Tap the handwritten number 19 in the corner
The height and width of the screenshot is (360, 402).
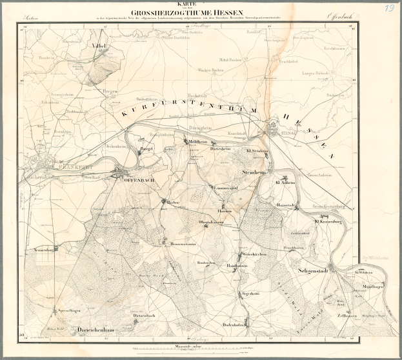[388, 8]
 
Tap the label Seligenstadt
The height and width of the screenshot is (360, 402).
[314, 271]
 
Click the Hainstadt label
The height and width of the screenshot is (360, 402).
[285, 205]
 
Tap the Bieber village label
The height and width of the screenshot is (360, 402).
[172, 202]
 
